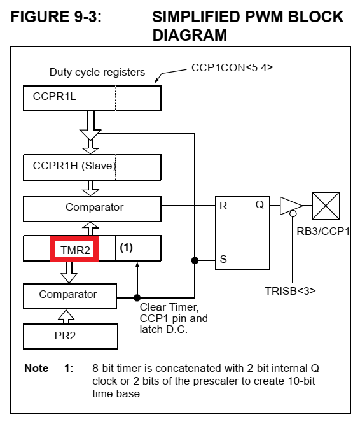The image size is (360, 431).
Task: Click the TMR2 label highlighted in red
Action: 75,250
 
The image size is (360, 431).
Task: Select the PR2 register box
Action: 71,336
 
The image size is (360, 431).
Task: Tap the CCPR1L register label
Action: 54,97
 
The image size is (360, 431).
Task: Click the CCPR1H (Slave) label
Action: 74,166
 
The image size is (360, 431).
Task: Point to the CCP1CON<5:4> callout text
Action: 232,67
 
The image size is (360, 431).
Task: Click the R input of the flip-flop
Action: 223,206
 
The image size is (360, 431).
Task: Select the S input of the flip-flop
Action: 223,259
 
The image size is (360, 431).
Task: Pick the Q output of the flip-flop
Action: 260,204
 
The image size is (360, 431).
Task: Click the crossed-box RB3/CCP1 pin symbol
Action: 326,206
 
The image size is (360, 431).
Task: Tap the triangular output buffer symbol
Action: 291,206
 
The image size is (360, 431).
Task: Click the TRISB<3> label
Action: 290,291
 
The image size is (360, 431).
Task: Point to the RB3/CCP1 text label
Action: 323,232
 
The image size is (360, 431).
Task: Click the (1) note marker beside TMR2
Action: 127,248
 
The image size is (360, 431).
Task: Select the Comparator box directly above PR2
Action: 70,296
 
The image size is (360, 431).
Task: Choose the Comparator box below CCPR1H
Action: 92,209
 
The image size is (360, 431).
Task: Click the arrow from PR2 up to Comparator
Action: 66,316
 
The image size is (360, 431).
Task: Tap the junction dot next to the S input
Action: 195,260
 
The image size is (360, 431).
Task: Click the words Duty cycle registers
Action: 97,73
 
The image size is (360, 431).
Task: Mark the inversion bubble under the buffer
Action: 293,213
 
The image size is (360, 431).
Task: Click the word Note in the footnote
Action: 36,368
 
